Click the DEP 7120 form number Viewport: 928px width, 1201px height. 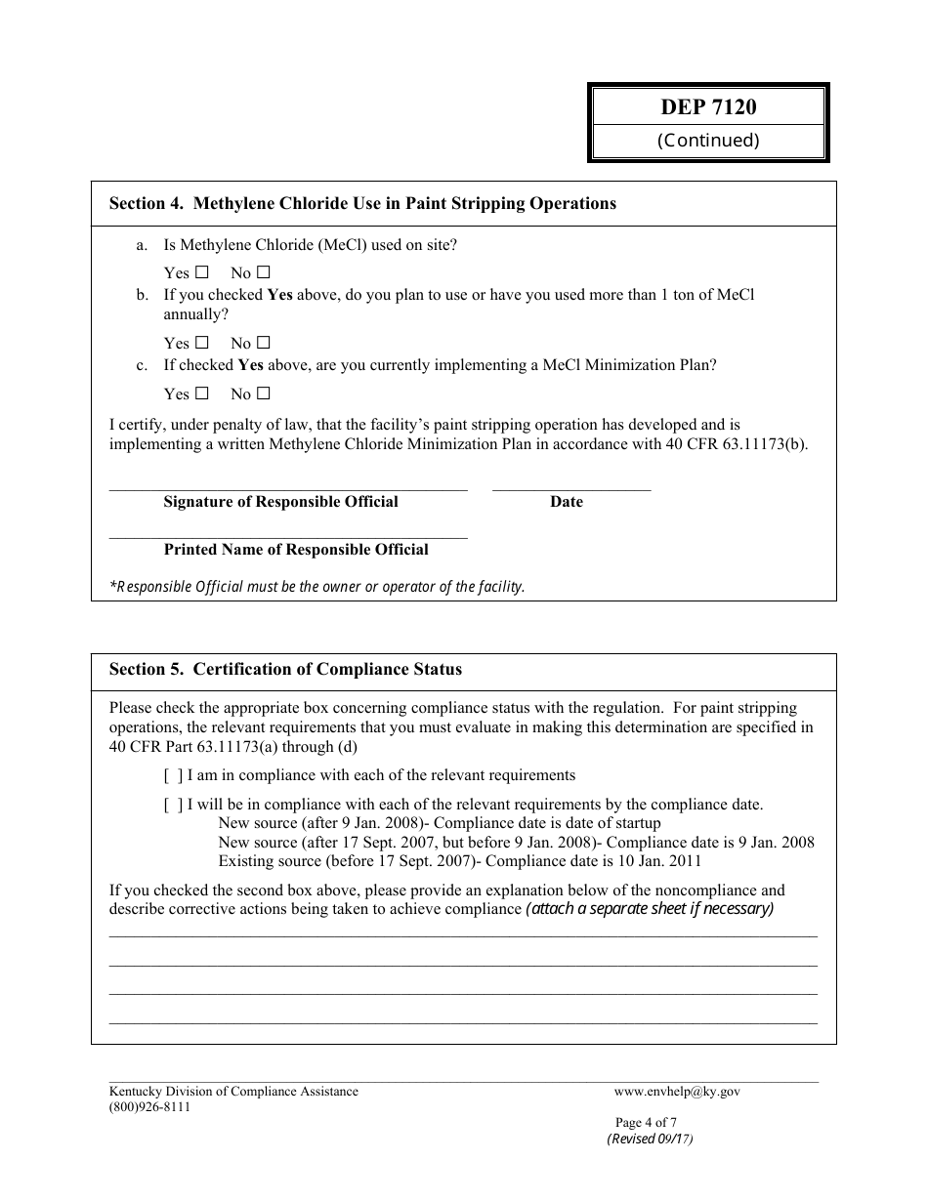pos(708,107)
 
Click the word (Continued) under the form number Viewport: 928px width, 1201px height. pos(708,141)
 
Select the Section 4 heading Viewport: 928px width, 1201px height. pos(362,204)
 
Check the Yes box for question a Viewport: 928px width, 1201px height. pos(202,272)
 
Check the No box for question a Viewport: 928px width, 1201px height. pos(263,272)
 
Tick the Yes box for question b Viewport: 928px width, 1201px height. pos(202,343)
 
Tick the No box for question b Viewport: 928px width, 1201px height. pos(263,343)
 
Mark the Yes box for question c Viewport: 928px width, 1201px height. pos(202,393)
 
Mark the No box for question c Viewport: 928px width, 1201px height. pos(263,393)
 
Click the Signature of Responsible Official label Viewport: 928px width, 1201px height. pos(280,502)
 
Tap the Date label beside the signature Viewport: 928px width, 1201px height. pos(566,502)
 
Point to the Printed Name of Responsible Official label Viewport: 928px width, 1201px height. pos(296,550)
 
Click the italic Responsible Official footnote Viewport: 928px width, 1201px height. pos(317,587)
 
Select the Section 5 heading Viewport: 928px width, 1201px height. pos(285,670)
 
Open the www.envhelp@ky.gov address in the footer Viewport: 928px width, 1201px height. pos(677,1092)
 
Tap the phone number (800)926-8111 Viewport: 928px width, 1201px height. pos(149,1107)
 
